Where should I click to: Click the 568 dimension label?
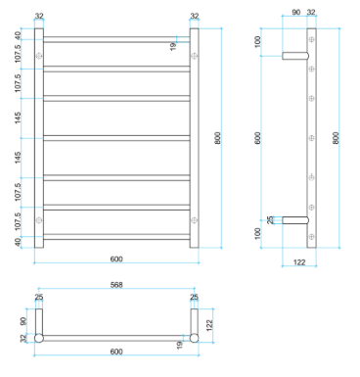coord(116,285)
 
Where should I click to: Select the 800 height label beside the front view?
coord(218,138)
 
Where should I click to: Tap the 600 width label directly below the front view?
coord(116,259)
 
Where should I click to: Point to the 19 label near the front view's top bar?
coord(173,46)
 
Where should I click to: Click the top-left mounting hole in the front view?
coord(39,56)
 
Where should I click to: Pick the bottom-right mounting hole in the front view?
coord(194,220)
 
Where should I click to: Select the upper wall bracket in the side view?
coord(295,56)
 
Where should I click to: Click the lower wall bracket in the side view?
coord(295,220)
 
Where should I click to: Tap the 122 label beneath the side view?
coord(299,262)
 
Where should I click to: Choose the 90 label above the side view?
coord(295,13)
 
